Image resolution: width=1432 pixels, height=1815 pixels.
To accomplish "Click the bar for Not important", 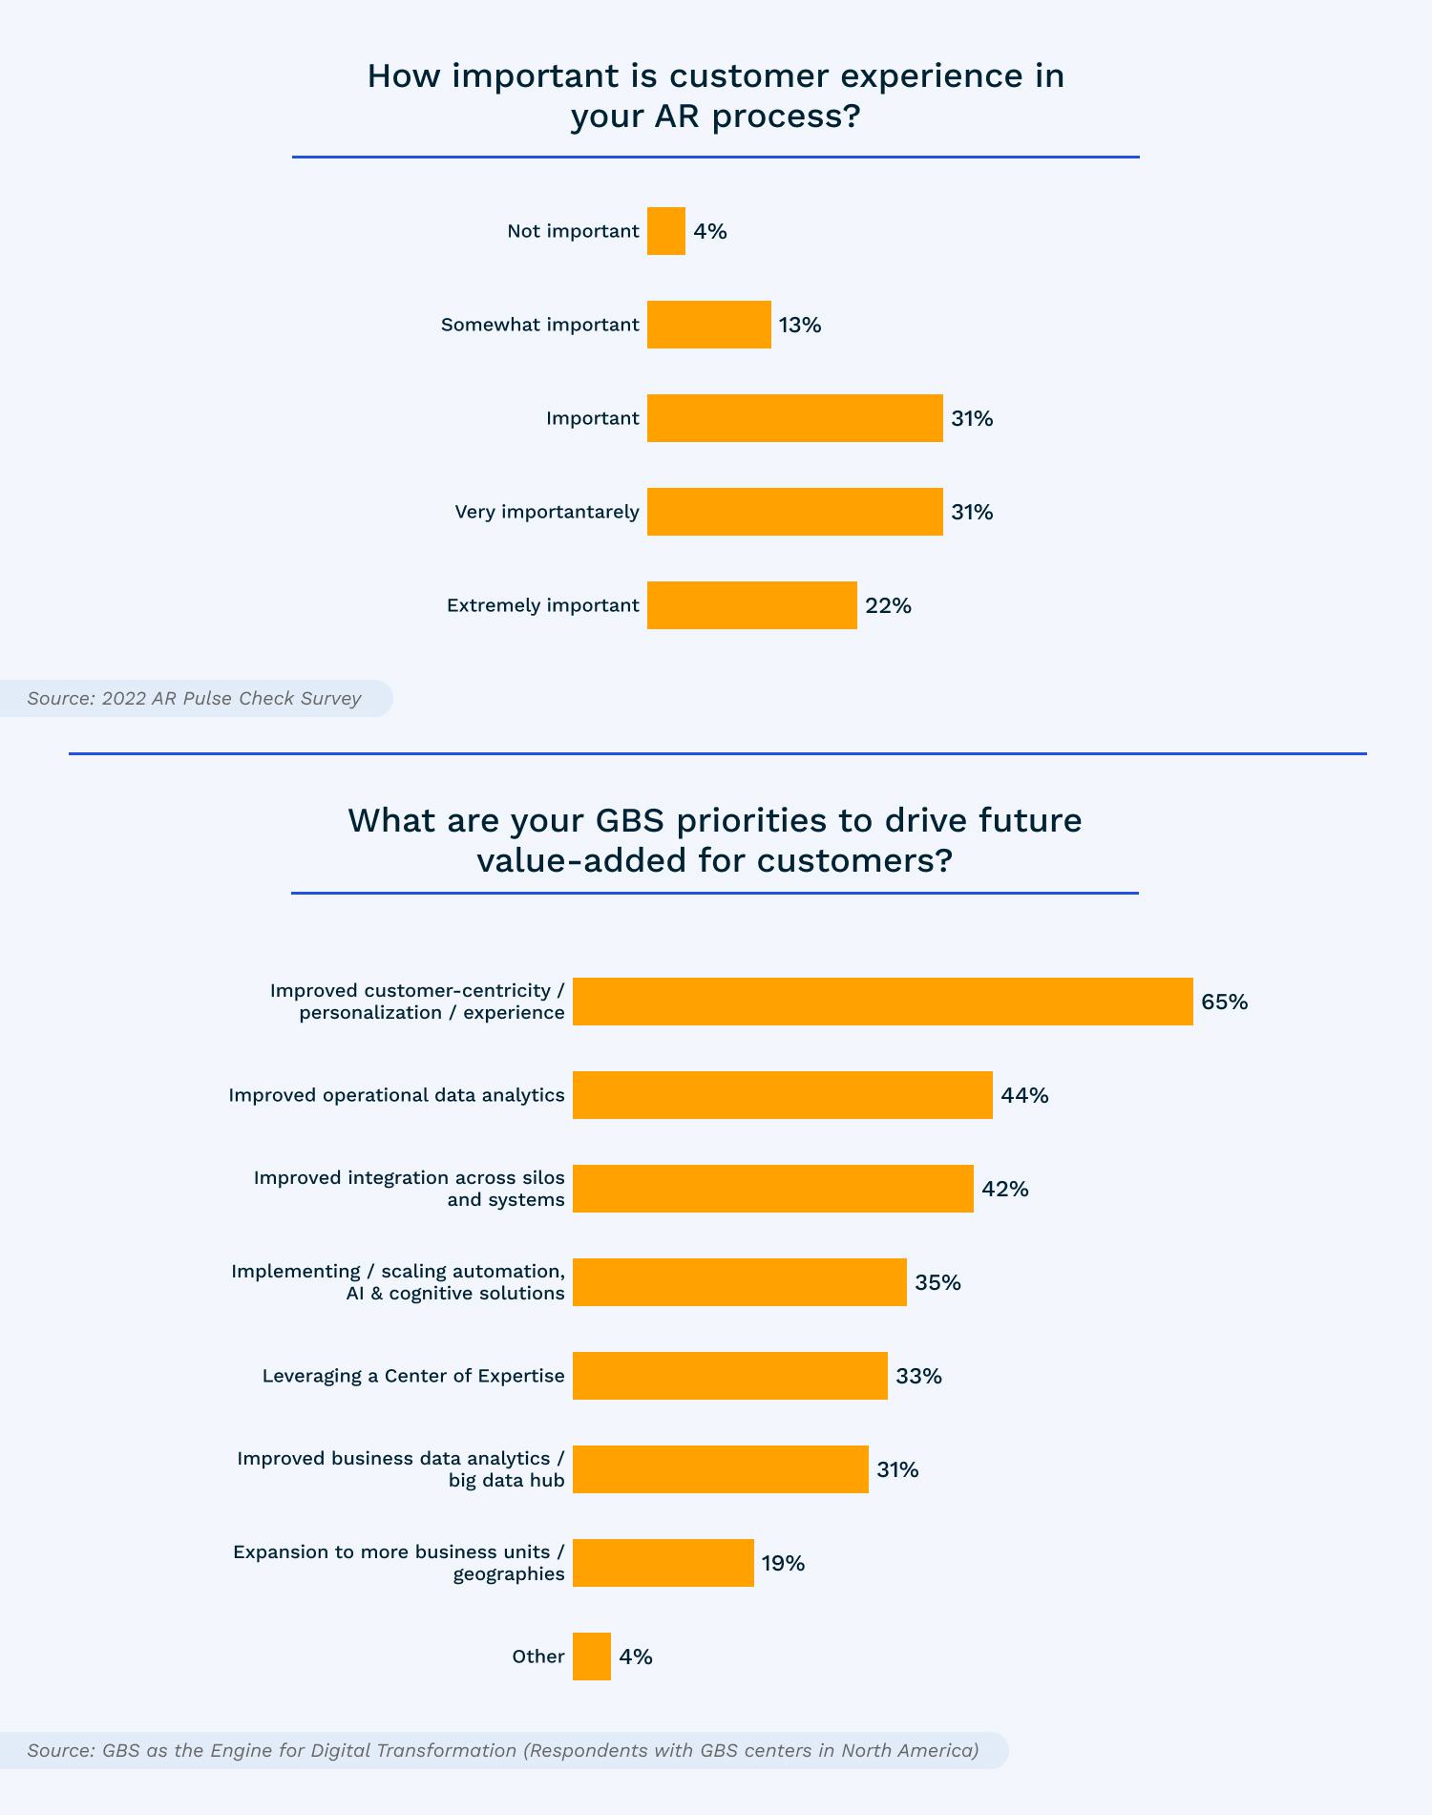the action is [666, 231].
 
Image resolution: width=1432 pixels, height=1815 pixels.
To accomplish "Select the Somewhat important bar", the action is [709, 325].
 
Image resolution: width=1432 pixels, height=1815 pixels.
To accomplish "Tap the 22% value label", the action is [888, 605].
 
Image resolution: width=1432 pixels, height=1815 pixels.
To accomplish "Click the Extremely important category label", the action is [543, 605].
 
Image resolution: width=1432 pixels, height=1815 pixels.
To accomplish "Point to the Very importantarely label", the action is [547, 512].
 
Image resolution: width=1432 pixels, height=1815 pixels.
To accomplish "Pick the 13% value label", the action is [800, 325].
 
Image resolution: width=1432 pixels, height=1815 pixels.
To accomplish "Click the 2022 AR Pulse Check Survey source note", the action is [194, 698].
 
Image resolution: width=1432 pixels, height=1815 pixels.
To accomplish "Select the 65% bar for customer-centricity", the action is [883, 1002].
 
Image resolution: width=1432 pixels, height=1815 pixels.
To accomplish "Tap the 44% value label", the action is [1024, 1095].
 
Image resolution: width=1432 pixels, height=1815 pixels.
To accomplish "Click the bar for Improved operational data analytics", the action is [783, 1095].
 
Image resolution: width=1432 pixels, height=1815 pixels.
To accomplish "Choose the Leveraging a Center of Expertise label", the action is [413, 1376].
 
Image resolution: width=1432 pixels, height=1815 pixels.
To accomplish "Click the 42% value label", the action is [1005, 1189].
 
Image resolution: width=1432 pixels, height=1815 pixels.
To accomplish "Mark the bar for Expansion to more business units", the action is [663, 1563].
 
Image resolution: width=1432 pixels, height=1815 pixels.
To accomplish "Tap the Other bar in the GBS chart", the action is [592, 1657].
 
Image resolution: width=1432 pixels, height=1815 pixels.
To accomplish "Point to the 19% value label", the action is [783, 1563].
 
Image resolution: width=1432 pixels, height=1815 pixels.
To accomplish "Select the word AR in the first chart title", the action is [677, 116].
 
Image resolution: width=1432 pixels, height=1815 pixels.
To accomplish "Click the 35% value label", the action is [937, 1282].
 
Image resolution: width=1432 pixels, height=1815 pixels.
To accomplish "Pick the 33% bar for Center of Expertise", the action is [730, 1376].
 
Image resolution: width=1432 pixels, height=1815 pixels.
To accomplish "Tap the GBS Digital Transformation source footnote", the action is [503, 1750].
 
